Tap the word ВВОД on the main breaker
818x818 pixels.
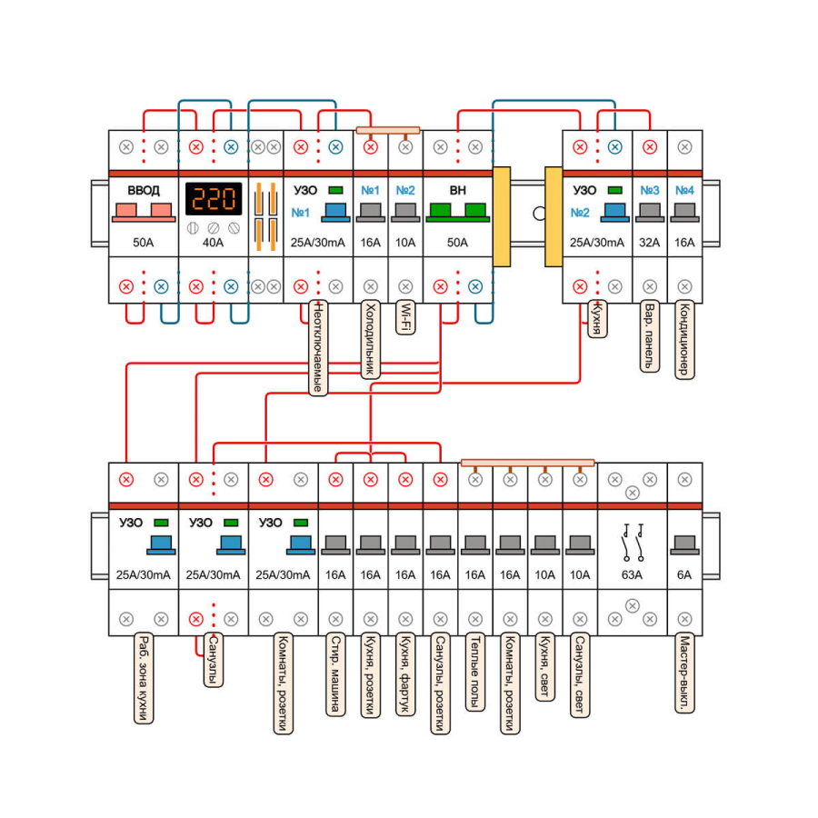coord(144,190)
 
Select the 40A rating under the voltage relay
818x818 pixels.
coord(214,243)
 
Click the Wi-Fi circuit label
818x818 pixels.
coord(405,319)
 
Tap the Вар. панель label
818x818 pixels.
coord(649,336)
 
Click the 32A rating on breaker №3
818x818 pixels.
coord(650,243)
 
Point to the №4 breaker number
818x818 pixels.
coord(684,191)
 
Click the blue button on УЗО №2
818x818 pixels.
coord(614,212)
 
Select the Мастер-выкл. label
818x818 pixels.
coord(684,673)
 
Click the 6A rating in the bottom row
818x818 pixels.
coord(684,574)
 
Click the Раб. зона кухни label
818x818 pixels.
coord(143,678)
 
